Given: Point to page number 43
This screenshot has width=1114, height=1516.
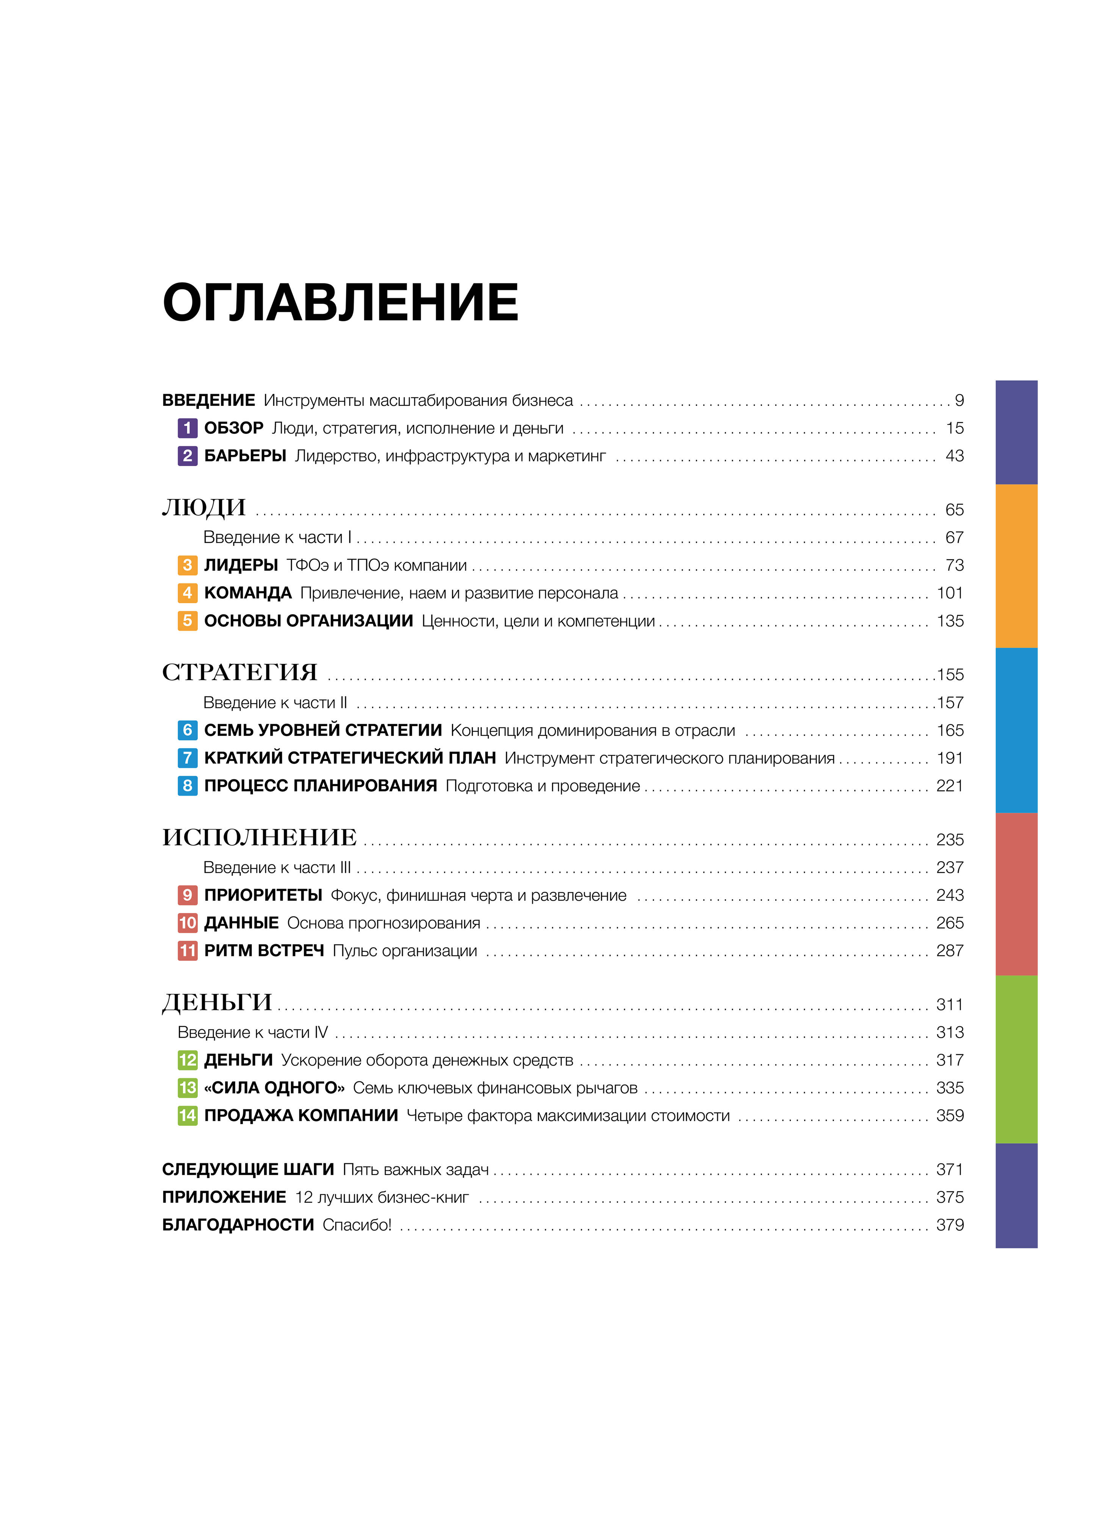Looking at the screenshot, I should click(x=954, y=456).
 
